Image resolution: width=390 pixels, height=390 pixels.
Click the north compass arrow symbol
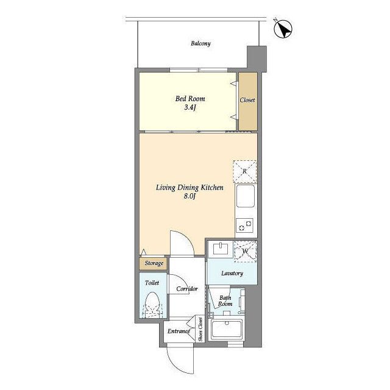(x=283, y=29)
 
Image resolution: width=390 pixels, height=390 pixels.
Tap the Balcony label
(x=200, y=43)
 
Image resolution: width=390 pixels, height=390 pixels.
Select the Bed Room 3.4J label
(x=190, y=103)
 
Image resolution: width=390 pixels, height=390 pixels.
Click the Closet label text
(x=247, y=100)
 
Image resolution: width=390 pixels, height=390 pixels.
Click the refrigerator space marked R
(x=245, y=172)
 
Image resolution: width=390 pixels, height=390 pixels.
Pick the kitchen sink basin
(x=246, y=196)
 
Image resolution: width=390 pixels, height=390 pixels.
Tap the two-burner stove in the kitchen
(x=245, y=225)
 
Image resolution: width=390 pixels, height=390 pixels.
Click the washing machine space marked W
(x=245, y=252)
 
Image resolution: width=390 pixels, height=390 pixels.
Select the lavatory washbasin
(x=221, y=249)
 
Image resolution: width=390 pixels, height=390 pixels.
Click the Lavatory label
(x=232, y=274)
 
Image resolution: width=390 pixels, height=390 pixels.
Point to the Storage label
(x=154, y=263)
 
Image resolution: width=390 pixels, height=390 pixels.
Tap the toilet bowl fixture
(x=152, y=305)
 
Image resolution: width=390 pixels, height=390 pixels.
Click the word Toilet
(x=152, y=283)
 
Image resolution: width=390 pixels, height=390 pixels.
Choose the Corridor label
(x=187, y=289)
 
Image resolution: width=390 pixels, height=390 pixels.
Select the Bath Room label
(x=225, y=300)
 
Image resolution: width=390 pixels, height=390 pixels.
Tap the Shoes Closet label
(x=200, y=329)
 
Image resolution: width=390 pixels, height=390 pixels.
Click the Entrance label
(x=179, y=331)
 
